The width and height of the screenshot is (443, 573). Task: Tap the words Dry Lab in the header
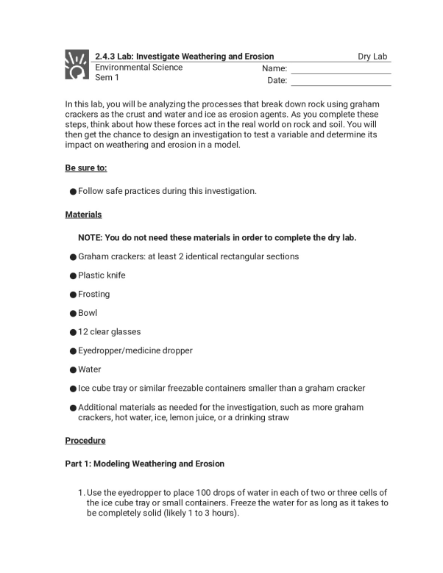point(372,57)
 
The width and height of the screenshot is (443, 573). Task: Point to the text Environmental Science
point(138,68)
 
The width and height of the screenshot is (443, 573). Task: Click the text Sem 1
point(107,78)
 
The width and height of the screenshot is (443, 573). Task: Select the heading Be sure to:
point(86,167)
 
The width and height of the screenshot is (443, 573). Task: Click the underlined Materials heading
point(83,215)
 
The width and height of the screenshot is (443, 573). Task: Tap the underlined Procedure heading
point(85,441)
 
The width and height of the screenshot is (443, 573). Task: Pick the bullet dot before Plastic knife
point(73,276)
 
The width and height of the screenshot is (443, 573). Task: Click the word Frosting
point(93,295)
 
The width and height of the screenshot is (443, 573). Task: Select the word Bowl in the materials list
point(88,313)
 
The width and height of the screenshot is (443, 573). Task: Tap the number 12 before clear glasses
point(82,332)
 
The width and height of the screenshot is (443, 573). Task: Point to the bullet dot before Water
point(73,370)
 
